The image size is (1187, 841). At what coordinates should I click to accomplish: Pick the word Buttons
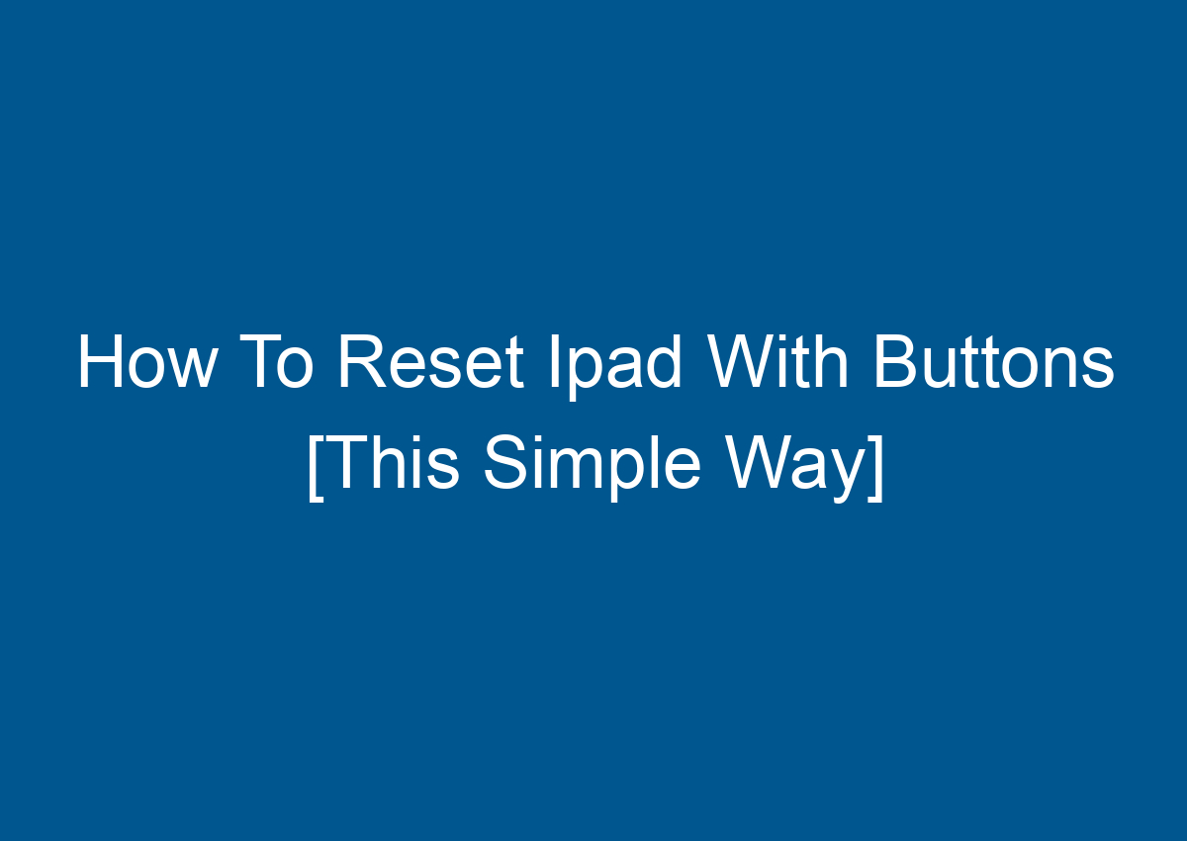click(x=992, y=363)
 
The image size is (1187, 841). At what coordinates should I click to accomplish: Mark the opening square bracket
click(x=315, y=465)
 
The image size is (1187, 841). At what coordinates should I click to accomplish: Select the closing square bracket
click(x=874, y=465)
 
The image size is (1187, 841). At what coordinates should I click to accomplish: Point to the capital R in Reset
click(x=360, y=363)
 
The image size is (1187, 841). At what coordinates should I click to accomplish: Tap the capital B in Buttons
click(x=896, y=363)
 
